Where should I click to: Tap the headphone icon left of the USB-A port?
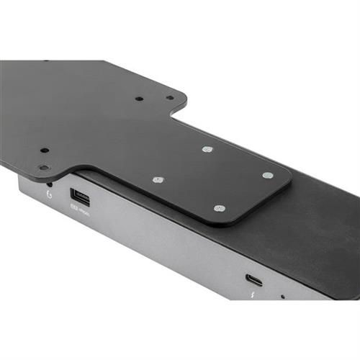(49, 194)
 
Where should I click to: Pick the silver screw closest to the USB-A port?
(158, 180)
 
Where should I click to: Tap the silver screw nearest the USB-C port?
(220, 209)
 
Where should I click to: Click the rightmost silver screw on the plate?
(267, 175)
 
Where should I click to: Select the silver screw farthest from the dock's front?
(207, 149)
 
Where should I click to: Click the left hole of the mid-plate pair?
(139, 99)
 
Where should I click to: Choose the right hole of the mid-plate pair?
(170, 98)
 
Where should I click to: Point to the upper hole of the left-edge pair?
(45, 150)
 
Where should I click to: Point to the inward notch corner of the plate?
(178, 115)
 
